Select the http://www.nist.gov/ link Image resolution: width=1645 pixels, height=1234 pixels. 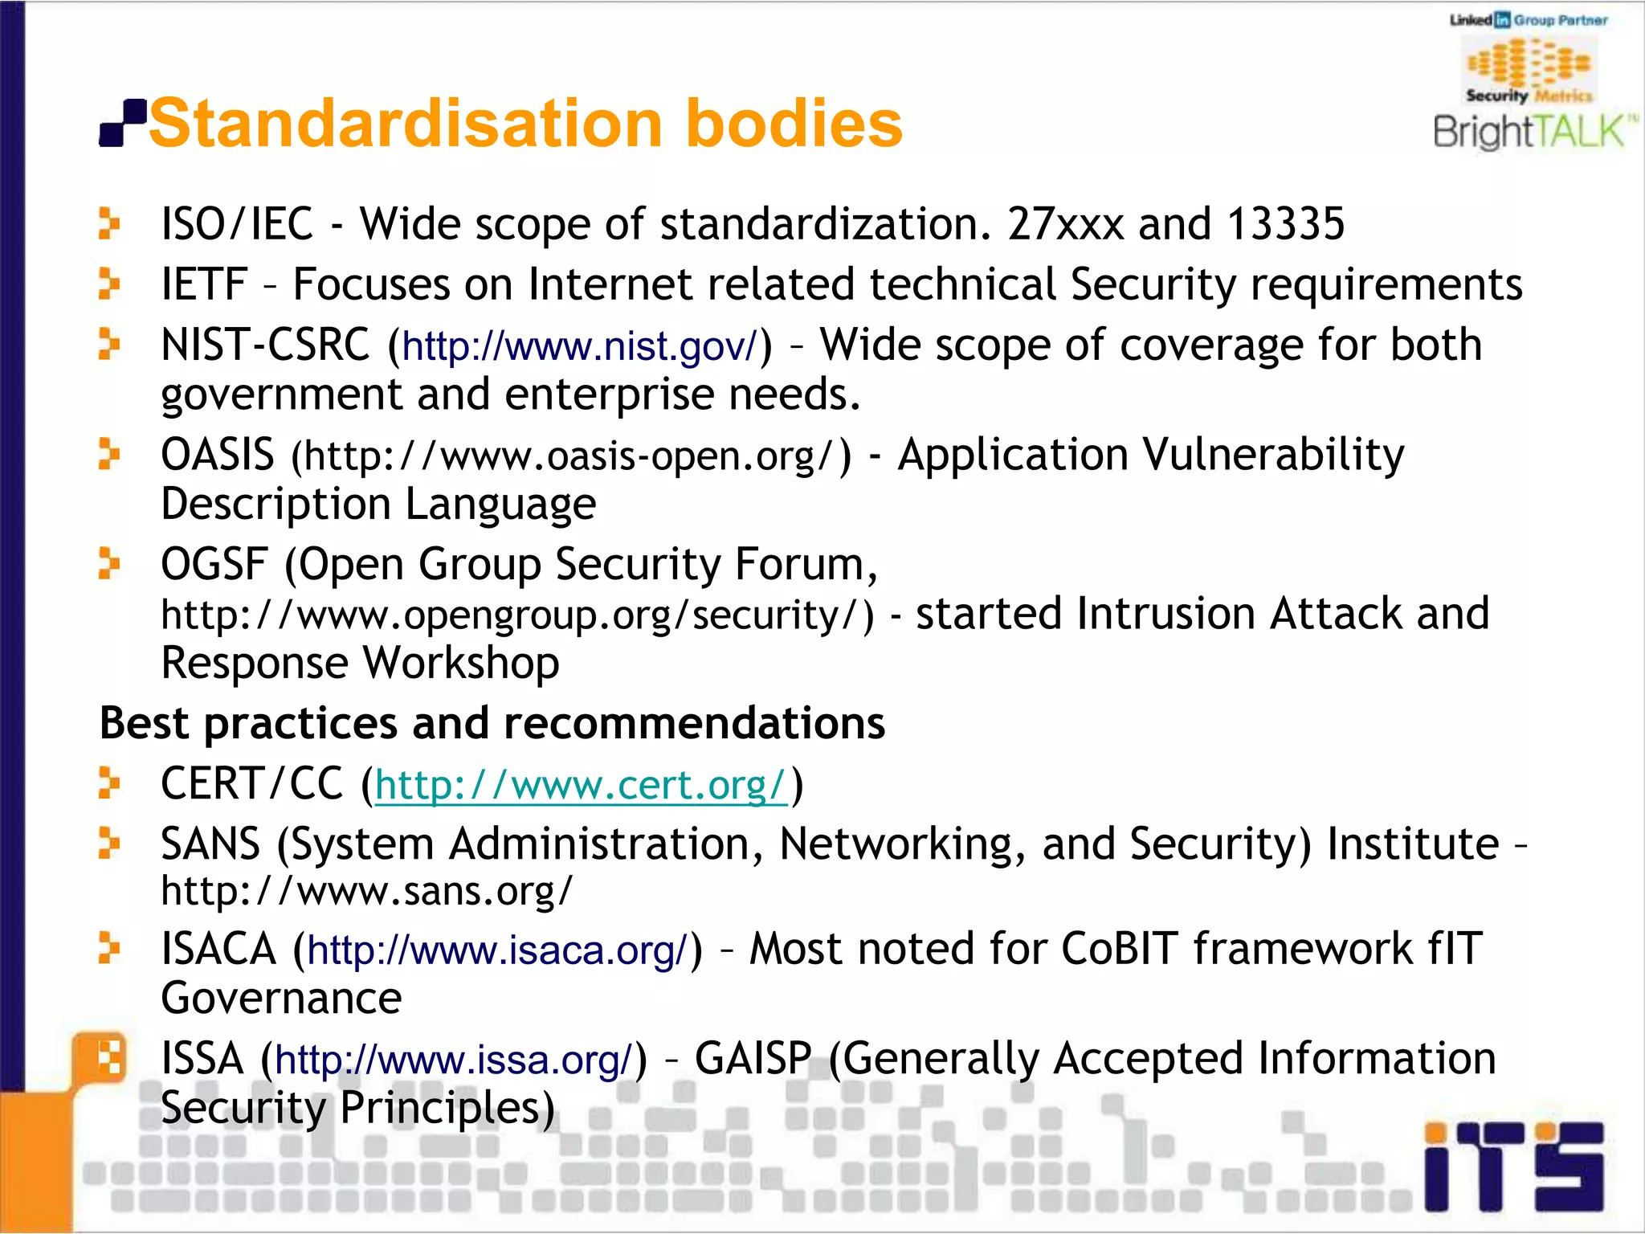point(579,347)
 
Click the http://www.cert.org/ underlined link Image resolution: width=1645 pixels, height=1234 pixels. point(581,785)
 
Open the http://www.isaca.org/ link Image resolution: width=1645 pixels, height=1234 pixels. point(498,950)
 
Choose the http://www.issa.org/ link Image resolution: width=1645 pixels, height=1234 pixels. point(454,1060)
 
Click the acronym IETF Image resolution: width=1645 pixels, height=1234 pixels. point(203,284)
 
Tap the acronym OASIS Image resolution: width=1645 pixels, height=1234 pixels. point(217,455)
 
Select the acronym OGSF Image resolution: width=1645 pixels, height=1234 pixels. point(214,564)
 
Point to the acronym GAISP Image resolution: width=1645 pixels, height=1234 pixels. point(753,1058)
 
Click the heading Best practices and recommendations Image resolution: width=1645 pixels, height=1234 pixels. point(492,723)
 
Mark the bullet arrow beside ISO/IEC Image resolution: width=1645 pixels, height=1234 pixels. point(108,223)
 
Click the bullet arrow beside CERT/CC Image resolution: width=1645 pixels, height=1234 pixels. point(108,783)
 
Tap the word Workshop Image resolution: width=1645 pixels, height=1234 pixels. point(461,664)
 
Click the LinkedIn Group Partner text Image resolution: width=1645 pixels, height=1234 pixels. point(1528,20)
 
